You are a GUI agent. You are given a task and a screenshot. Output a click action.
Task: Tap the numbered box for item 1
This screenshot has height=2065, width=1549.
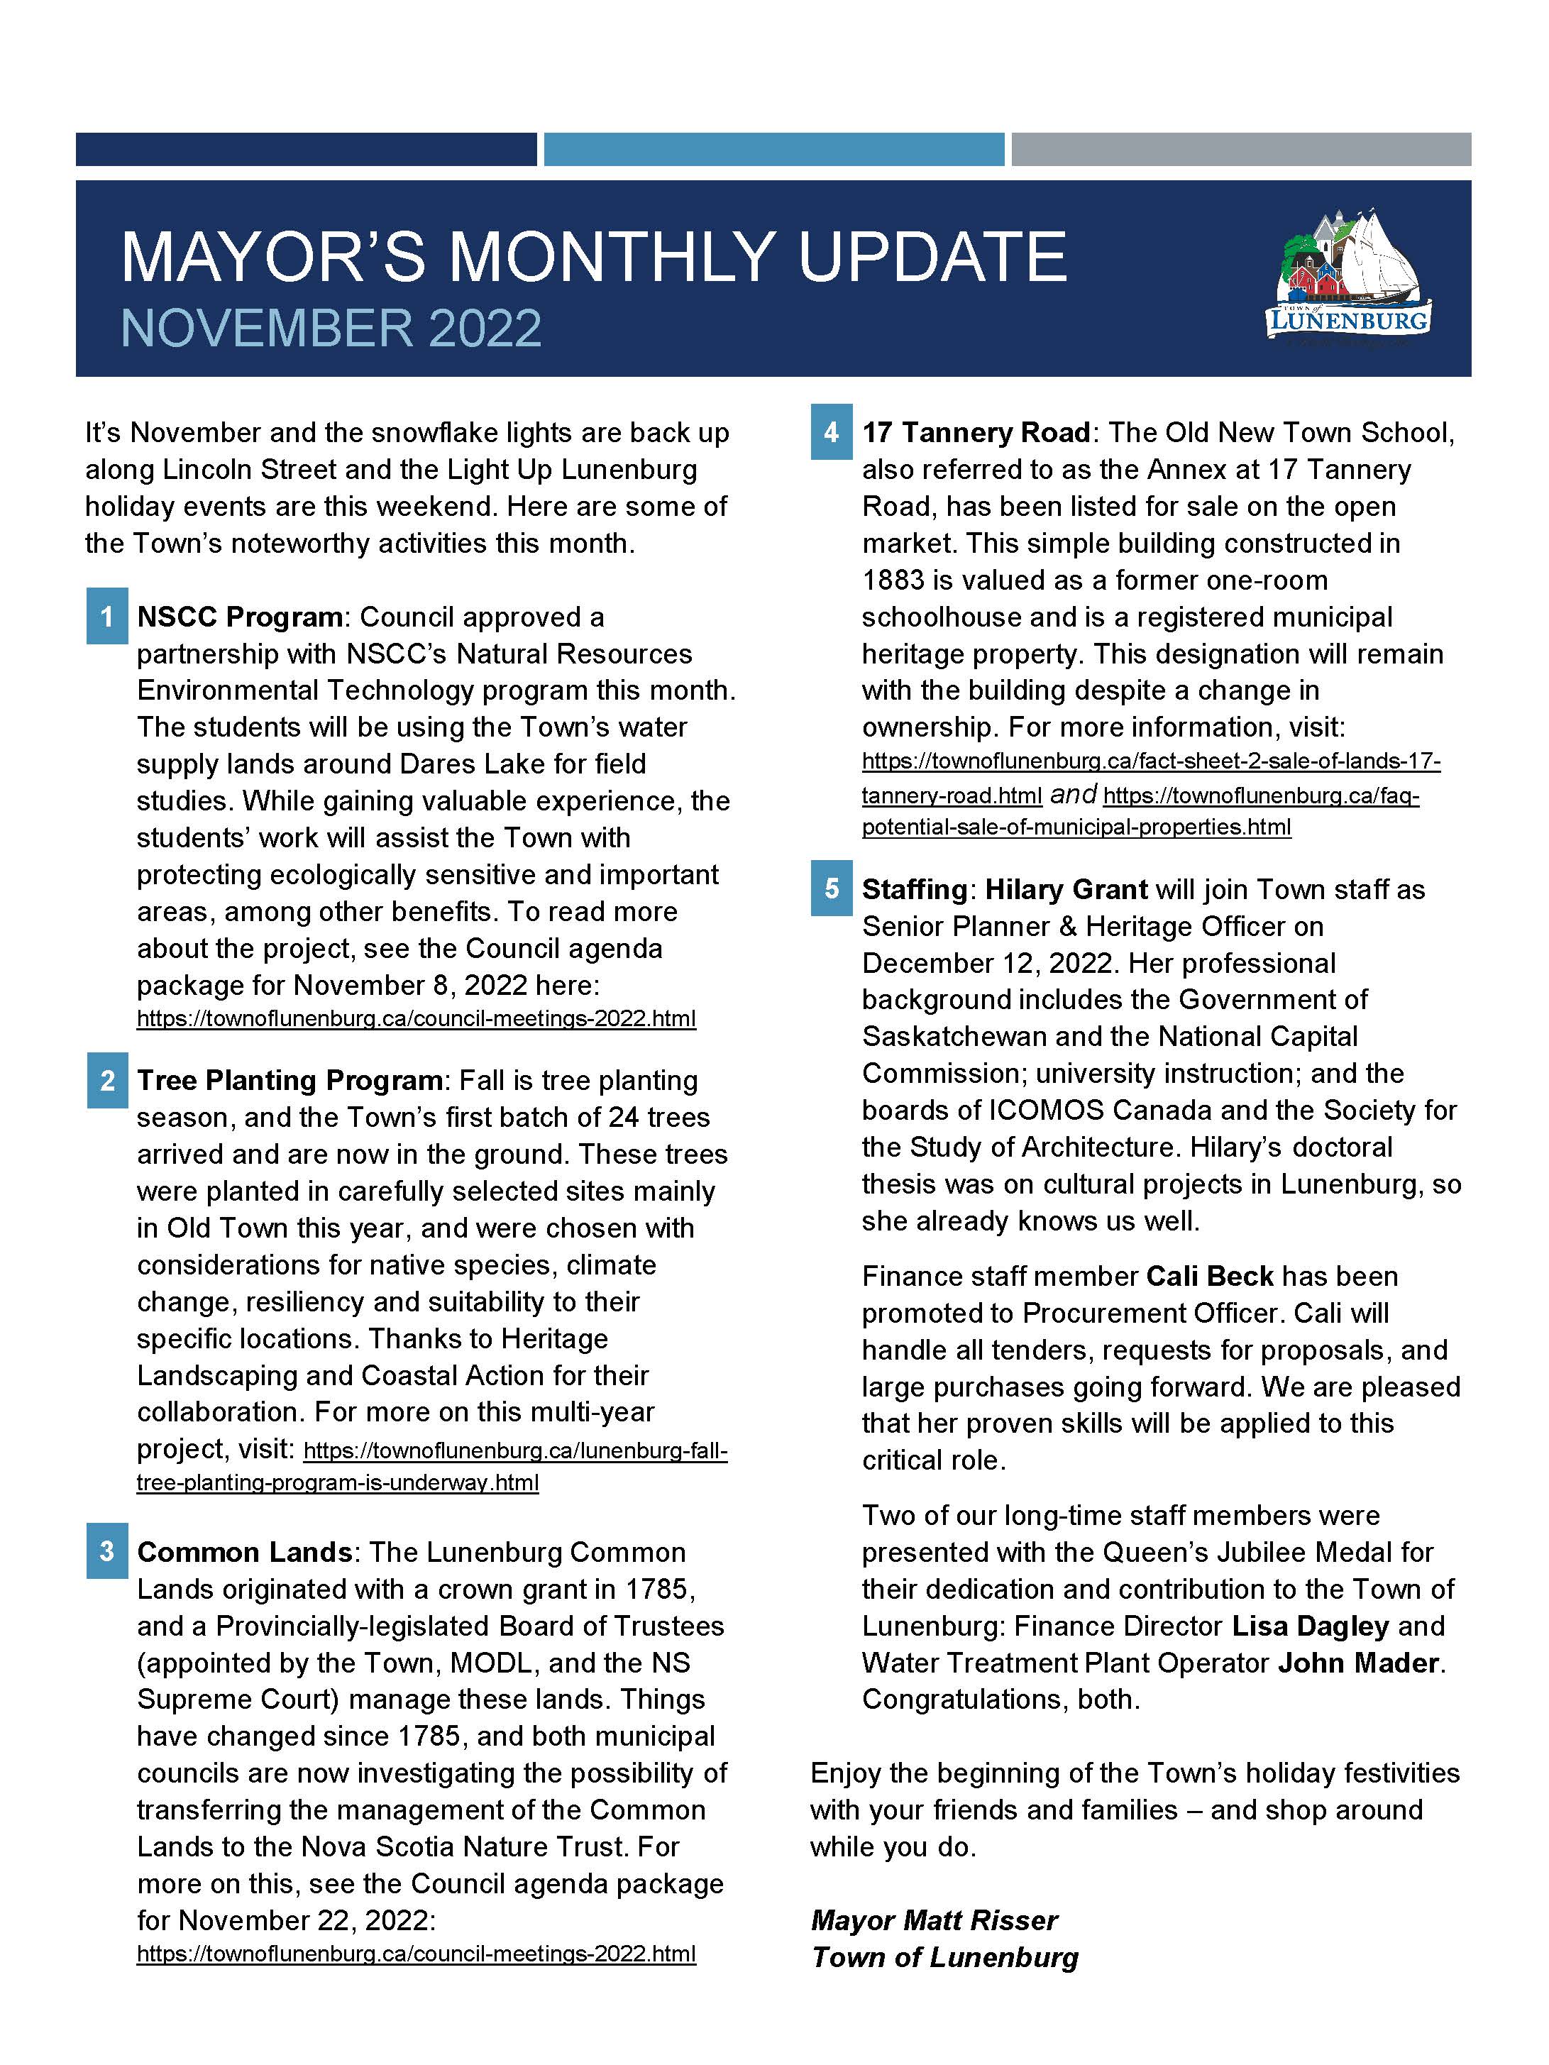[x=107, y=616]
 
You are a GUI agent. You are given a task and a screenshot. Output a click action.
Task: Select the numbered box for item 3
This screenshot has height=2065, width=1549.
[x=107, y=1551]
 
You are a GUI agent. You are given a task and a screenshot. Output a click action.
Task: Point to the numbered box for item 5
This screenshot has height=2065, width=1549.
[x=831, y=888]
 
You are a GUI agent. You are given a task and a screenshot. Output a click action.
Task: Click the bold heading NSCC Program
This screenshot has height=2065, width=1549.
[x=240, y=617]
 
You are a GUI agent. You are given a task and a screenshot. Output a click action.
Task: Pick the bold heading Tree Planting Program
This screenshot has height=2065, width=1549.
[x=290, y=1080]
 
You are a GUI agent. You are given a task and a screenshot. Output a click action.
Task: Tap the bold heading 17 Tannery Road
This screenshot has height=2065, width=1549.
[x=976, y=432]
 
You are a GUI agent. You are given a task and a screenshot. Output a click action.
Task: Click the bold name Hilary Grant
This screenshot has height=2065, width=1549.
[x=1066, y=888]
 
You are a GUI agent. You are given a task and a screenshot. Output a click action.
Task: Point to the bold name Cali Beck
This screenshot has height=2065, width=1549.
[x=1209, y=1276]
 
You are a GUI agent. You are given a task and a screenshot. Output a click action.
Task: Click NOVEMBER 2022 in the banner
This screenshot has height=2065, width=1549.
[x=331, y=329]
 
